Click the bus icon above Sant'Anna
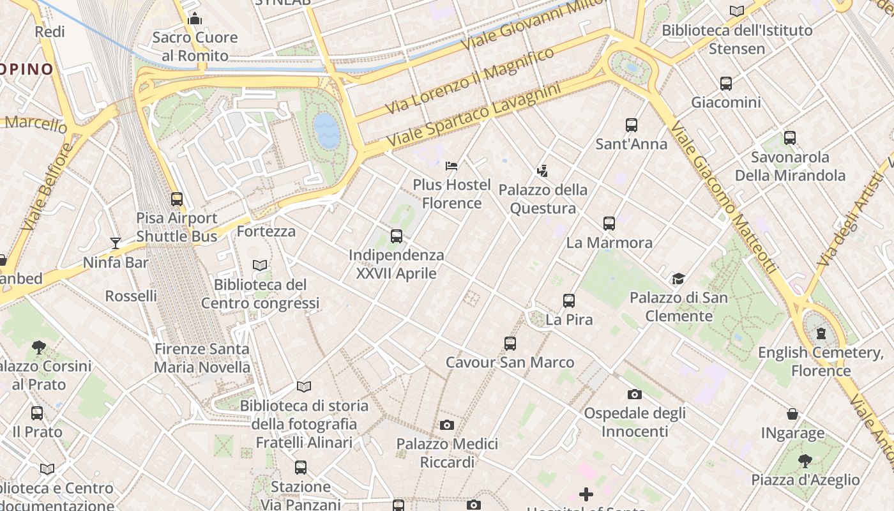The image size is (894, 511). click(x=632, y=125)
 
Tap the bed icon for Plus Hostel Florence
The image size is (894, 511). click(x=451, y=166)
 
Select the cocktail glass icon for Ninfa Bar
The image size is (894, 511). click(x=116, y=243)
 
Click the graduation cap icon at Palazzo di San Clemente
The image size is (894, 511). click(x=678, y=278)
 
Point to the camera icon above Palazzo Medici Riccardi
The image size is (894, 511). click(x=447, y=425)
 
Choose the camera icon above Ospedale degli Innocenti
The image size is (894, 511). click(x=634, y=394)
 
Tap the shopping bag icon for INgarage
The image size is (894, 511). click(x=792, y=414)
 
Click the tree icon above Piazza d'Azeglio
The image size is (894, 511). click(x=805, y=461)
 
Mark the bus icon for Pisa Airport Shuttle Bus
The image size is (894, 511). click(x=177, y=199)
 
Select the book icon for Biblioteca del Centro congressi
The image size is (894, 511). click(x=259, y=265)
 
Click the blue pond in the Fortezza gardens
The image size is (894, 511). click(x=327, y=131)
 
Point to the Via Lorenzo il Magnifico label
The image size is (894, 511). click(x=470, y=81)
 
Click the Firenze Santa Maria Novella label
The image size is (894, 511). click(x=202, y=358)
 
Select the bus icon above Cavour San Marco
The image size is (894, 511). click(x=510, y=344)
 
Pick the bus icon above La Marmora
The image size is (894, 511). click(x=609, y=224)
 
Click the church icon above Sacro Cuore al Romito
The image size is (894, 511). click(x=195, y=19)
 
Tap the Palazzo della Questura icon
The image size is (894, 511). click(x=543, y=171)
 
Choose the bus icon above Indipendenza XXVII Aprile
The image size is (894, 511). click(x=397, y=236)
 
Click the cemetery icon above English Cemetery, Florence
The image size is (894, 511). click(x=821, y=333)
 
